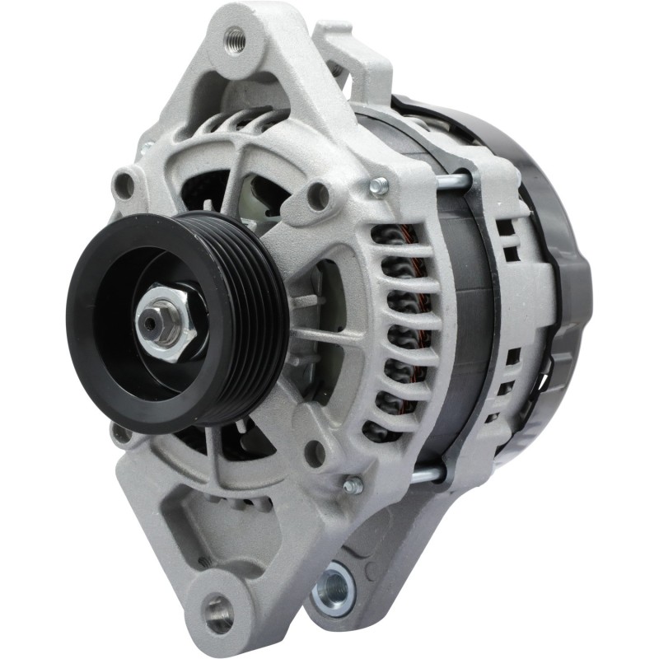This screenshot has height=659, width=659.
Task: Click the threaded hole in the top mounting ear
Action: (x=234, y=37)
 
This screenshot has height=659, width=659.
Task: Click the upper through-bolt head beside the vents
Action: (x=379, y=187)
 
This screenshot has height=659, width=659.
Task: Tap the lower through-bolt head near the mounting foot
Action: (x=353, y=485)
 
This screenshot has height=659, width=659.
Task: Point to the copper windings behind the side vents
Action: (x=404, y=329)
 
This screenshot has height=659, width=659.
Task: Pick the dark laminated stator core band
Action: (x=461, y=329)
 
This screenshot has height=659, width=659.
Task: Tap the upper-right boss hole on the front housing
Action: (x=318, y=196)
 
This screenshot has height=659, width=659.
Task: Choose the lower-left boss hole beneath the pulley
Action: (x=122, y=432)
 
